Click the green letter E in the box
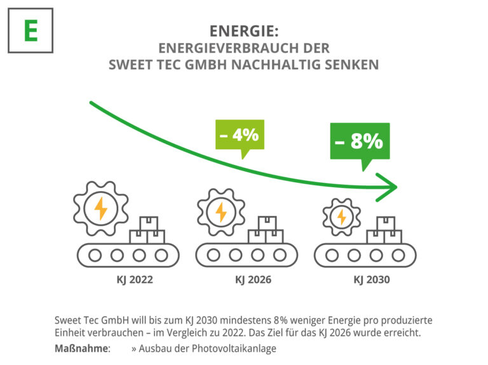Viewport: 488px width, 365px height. (x=30, y=30)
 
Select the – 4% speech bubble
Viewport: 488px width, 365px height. (x=239, y=135)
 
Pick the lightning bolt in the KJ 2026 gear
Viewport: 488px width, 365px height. (x=221, y=211)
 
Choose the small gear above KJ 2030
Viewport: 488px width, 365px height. (x=341, y=216)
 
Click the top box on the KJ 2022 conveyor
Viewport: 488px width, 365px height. (x=149, y=223)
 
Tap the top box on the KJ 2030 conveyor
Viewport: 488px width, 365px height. (x=385, y=223)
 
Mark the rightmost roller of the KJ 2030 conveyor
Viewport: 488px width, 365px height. (x=398, y=255)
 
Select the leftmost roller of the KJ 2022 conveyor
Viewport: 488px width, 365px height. (x=95, y=255)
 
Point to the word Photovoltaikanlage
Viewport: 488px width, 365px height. (x=236, y=348)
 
